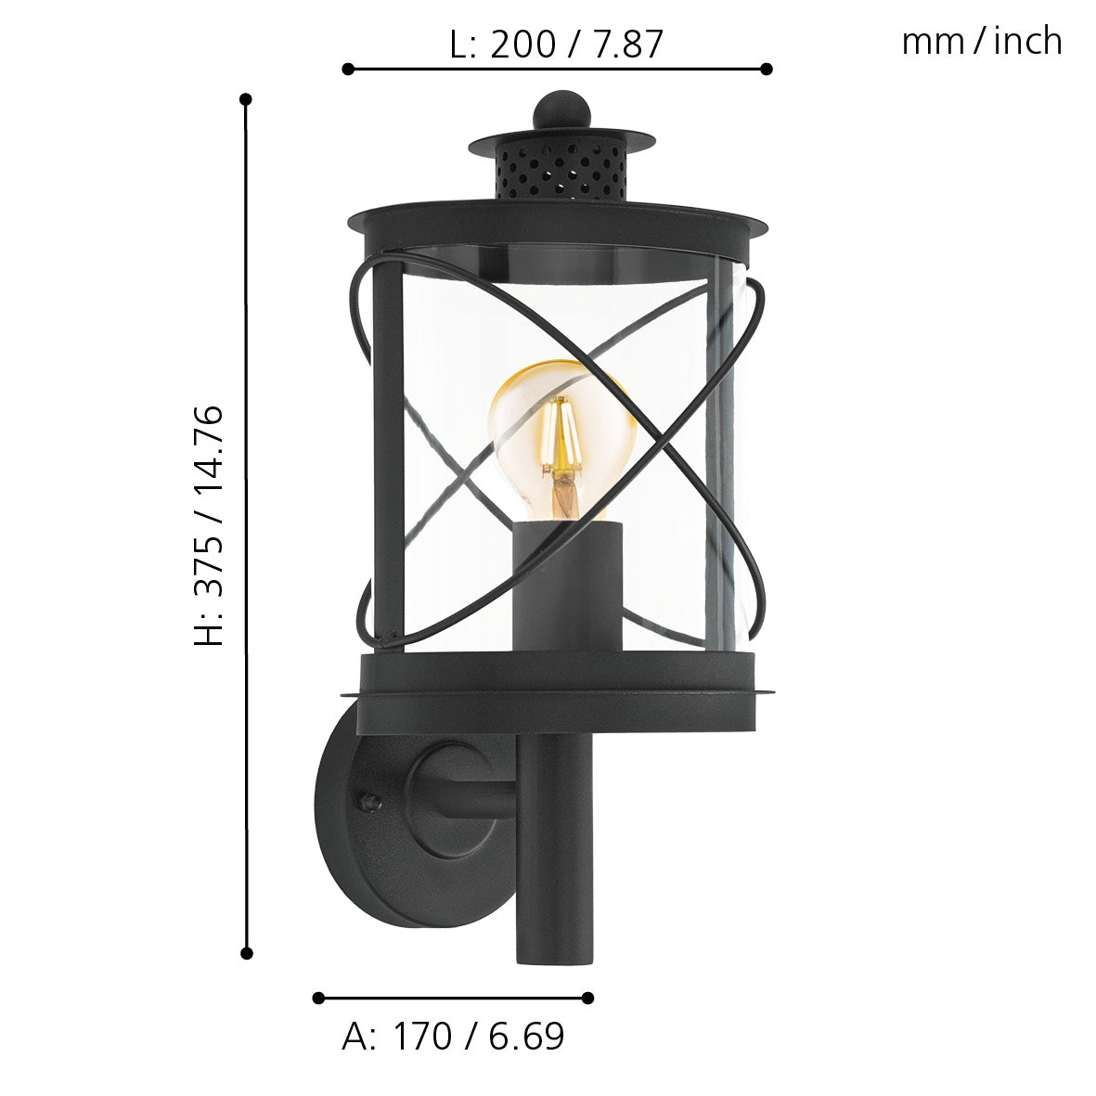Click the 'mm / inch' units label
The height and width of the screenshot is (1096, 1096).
pos(981,42)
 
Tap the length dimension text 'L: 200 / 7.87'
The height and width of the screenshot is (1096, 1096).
pos(556,44)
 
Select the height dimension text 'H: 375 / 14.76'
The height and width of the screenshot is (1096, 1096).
pos(210,525)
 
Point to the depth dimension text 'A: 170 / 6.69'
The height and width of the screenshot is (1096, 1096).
pos(453,1037)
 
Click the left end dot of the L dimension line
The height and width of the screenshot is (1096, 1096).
pos(348,69)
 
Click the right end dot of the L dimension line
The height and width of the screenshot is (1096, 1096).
pos(767,69)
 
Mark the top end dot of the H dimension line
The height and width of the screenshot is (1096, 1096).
pos(246,98)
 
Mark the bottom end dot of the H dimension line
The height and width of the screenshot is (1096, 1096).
pos(247,952)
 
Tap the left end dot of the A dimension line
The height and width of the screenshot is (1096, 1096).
pos(318,998)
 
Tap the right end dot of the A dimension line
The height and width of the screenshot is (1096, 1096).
pos(587,998)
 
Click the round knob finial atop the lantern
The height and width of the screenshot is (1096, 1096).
pos(561,110)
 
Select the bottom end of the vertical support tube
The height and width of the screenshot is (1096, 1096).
pos(555,956)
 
